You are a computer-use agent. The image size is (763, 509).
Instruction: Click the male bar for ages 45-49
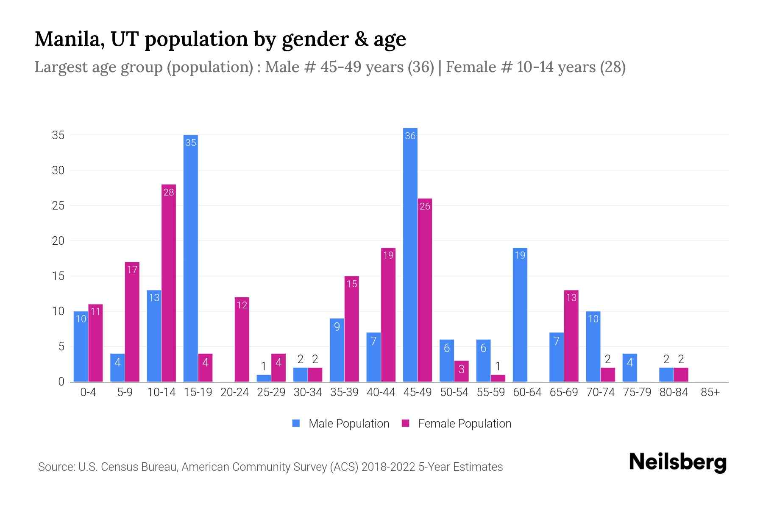coord(410,255)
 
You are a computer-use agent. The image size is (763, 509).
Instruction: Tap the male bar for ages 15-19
coord(191,258)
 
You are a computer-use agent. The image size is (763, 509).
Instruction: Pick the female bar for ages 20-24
coord(242,339)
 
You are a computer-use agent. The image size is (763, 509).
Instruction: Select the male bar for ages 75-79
coord(629,368)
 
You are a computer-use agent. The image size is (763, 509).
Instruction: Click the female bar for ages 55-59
coord(498,378)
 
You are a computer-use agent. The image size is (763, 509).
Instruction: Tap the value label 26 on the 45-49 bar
coord(425,206)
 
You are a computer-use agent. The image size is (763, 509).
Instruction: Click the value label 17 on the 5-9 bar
coord(132,270)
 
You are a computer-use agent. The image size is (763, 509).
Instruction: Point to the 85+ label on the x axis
coord(710,392)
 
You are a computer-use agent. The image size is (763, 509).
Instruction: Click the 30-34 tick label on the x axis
coord(308,392)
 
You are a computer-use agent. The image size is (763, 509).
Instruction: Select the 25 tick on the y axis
coord(58,206)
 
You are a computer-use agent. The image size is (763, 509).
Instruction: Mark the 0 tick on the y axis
coord(61,382)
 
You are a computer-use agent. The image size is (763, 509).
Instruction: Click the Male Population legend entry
coord(341,423)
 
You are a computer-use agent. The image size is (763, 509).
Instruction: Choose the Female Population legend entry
coord(457,423)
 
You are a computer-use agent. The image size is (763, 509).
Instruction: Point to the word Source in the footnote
coord(56,467)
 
